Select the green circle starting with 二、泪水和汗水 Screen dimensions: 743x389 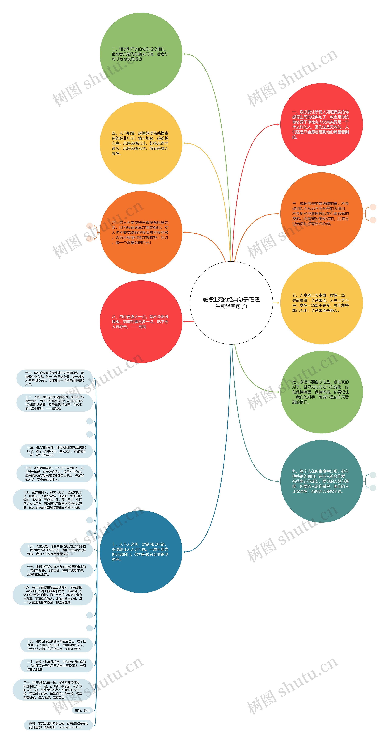coord(141,54)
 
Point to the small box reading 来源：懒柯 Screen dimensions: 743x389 coord(82,710)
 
